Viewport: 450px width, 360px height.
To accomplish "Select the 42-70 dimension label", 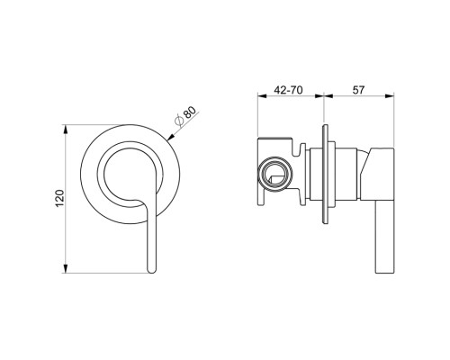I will click(290, 90).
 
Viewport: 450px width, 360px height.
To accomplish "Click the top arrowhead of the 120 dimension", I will click(67, 129).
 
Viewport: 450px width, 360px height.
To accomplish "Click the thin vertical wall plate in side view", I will click(329, 176).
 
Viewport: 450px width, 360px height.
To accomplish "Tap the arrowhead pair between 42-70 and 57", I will click(325, 99).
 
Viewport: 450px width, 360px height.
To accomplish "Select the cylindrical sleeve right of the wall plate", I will click(317, 175).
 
